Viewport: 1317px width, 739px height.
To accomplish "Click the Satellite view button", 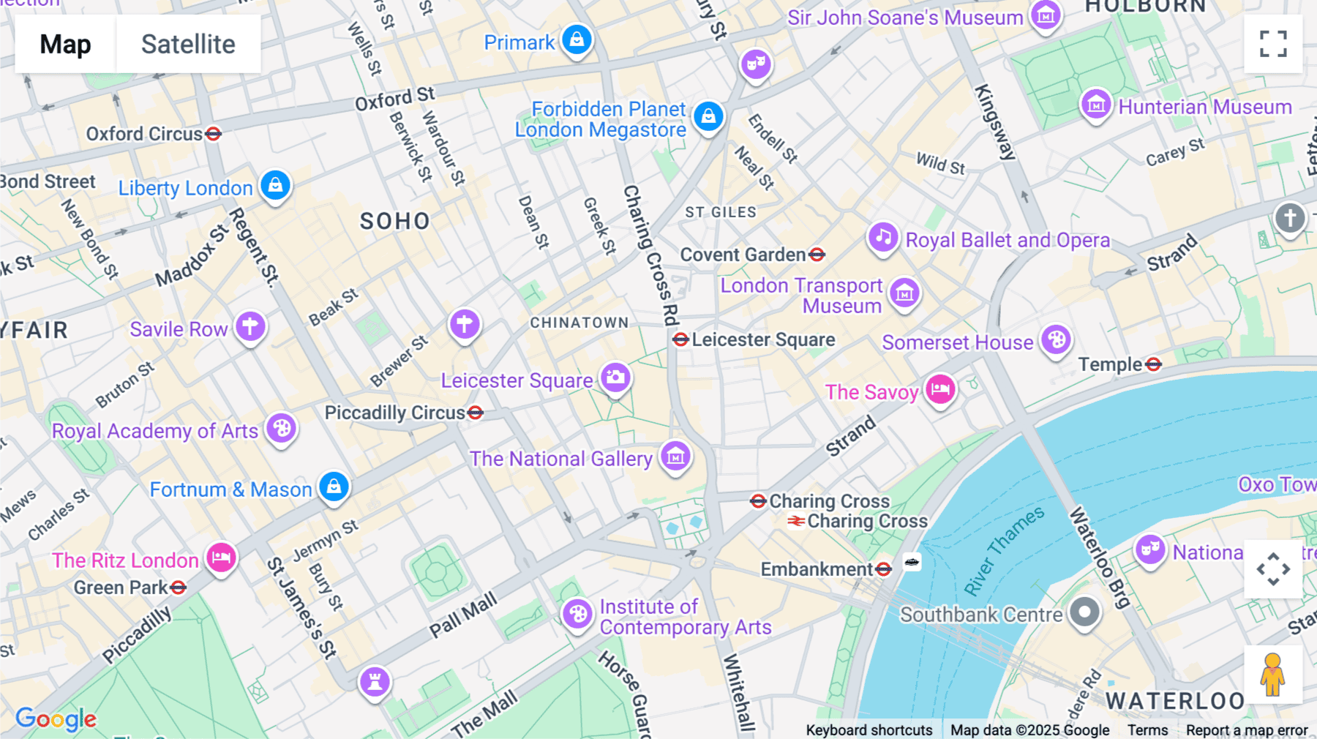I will point(188,44).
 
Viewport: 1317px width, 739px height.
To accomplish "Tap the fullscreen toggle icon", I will point(1273,44).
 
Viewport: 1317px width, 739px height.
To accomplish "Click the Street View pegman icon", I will point(1272,675).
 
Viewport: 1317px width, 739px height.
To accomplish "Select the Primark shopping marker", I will point(577,40).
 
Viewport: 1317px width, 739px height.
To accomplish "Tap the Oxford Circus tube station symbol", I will point(213,134).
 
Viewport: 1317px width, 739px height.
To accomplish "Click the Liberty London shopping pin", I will point(275,185).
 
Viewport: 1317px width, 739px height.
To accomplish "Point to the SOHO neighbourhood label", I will point(395,221).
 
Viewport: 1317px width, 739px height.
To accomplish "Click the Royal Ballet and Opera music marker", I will point(883,237).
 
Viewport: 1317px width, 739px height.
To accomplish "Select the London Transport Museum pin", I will point(904,293).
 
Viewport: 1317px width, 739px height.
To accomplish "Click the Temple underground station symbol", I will point(1154,364).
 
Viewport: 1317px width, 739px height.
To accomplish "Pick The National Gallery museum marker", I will point(675,457).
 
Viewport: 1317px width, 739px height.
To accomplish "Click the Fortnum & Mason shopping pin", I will point(334,486).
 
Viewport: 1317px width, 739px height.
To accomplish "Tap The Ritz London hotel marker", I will point(221,558).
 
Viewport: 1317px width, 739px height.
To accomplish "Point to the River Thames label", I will point(1004,551).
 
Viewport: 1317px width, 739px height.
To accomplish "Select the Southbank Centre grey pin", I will point(1084,612).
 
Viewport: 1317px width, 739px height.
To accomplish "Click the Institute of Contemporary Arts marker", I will point(577,614).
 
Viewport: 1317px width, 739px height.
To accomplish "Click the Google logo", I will point(56,719).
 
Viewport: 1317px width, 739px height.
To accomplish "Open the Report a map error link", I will point(1246,730).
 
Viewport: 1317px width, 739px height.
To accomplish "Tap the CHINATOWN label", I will point(579,323).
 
